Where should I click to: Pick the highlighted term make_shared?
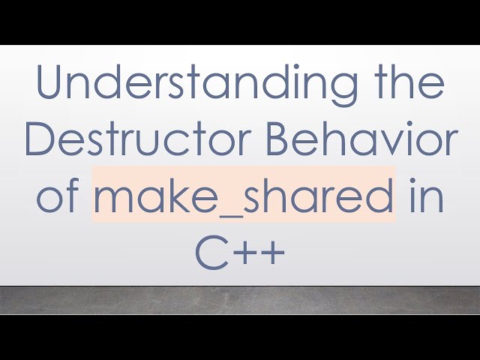244,196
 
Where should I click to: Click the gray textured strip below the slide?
240,300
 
